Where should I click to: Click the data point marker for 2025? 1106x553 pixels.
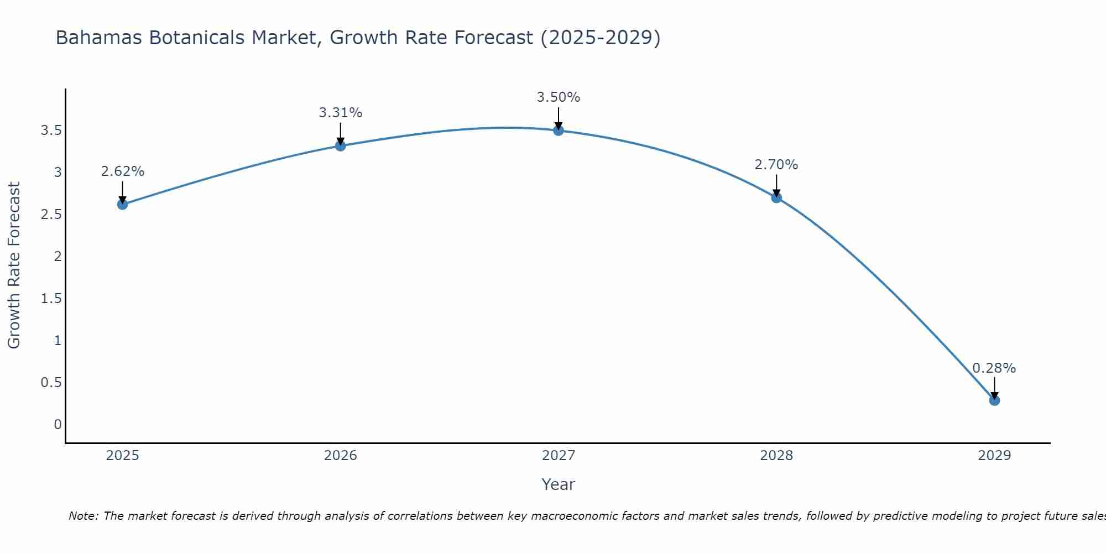122,205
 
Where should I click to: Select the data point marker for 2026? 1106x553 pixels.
341,146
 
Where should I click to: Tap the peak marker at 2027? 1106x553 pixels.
559,131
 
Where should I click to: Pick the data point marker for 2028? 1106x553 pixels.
776,197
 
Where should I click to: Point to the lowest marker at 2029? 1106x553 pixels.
994,400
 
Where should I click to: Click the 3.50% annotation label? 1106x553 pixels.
559,97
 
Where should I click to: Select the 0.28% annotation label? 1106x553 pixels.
994,368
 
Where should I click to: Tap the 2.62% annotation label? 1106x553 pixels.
122,171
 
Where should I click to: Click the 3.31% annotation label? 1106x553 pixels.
341,113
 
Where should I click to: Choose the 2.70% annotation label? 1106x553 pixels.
776,165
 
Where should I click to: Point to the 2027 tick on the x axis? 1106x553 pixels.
559,456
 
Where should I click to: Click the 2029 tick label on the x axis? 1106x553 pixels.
994,456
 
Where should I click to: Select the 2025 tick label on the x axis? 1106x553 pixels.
122,456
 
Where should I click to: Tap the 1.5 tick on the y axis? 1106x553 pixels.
51,299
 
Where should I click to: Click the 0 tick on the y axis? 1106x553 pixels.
58,425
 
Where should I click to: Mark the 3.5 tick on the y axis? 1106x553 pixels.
51,131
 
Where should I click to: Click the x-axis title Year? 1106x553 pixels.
559,484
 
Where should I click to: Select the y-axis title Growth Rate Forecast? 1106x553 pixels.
14,265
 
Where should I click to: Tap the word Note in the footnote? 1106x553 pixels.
83,516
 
